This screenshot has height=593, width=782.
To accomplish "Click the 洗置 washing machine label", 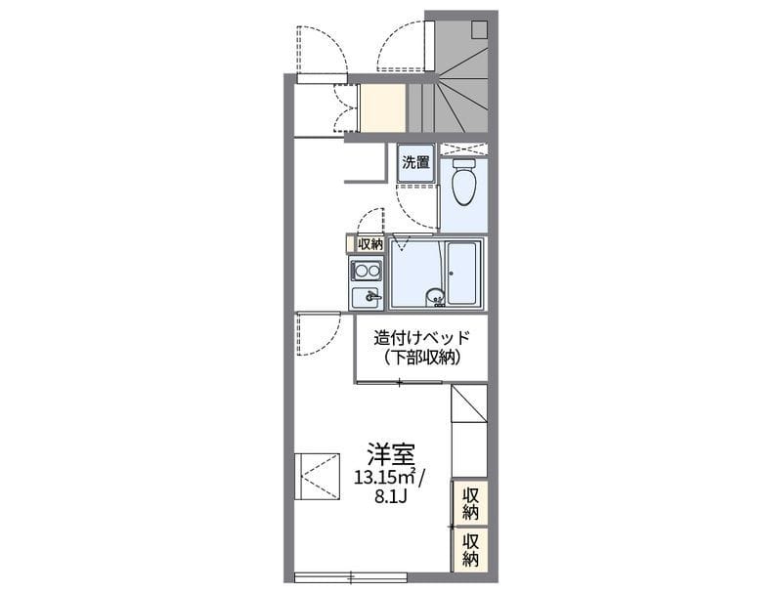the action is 416,162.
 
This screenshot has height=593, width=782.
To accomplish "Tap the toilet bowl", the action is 463,182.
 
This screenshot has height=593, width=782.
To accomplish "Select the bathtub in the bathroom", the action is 461,274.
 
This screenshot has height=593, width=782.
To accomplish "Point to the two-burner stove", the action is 366,272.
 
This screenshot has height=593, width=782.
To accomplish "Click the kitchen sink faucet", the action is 371,297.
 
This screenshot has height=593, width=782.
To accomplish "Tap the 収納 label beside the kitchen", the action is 370,244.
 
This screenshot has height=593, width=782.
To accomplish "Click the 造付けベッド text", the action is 422,338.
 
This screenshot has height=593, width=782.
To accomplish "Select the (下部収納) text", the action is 422,358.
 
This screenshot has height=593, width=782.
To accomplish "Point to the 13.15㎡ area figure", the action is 385,478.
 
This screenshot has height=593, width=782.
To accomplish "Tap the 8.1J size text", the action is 393,496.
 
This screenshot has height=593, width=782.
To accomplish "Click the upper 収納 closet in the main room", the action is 470,503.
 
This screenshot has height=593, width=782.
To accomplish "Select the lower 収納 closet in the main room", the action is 470,550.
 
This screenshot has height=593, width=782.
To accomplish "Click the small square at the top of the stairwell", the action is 479,29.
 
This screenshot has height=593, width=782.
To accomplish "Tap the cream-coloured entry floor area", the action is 382,108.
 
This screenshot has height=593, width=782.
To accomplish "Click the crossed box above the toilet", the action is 463,149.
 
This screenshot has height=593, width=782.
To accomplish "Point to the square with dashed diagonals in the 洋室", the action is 317,476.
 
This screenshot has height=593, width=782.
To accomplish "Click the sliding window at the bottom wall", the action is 351,577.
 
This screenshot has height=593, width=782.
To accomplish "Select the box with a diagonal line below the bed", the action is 469,403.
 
